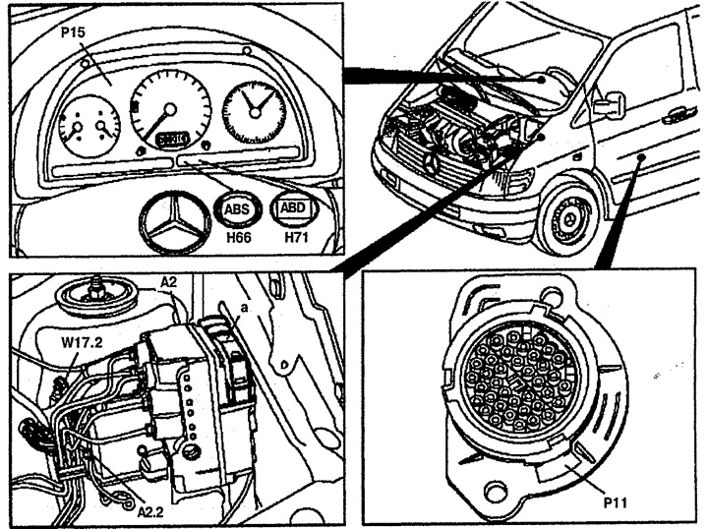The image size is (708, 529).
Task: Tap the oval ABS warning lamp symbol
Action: [x=237, y=209]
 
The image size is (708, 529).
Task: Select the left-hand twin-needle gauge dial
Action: [x=88, y=123]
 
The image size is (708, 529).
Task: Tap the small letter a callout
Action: [x=240, y=308]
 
